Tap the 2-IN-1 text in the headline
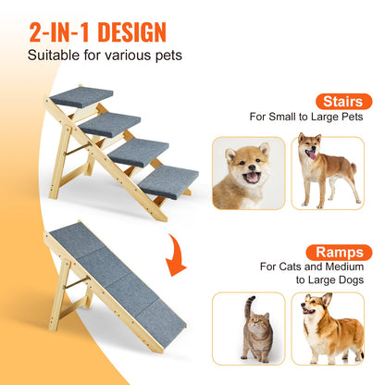[x=52, y=32]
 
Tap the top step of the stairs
[x=81, y=96]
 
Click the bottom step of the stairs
[x=166, y=180]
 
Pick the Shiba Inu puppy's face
[x=245, y=172]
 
